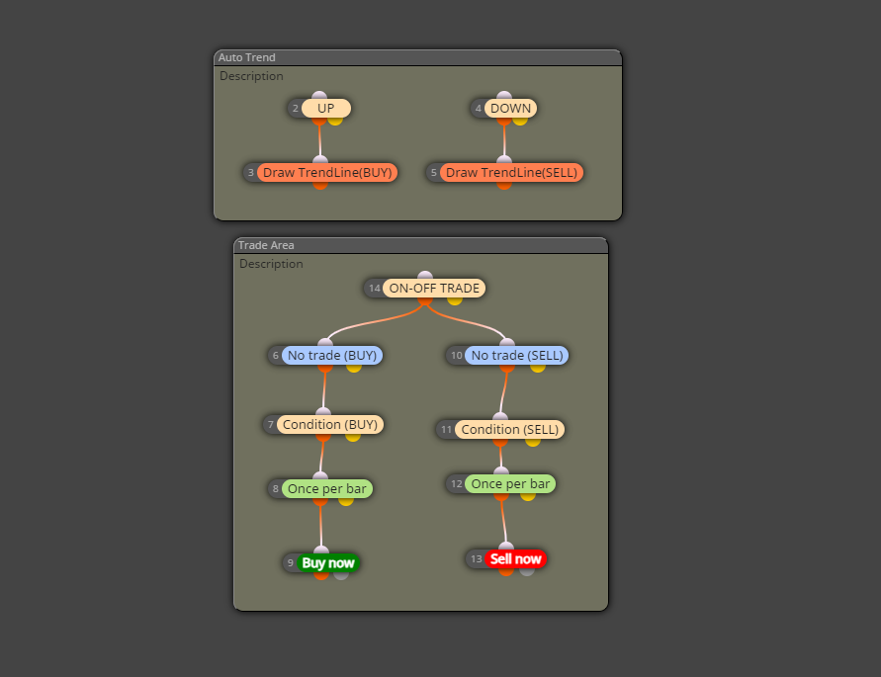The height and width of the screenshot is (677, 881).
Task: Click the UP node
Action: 326,109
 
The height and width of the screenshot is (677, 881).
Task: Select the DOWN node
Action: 510,109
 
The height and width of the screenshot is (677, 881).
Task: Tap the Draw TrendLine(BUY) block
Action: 327,173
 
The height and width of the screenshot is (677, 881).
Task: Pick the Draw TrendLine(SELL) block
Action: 511,173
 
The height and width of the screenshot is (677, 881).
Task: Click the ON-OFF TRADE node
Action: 434,289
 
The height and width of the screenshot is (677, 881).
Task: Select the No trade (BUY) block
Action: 332,355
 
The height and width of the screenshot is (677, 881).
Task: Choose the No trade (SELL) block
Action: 516,355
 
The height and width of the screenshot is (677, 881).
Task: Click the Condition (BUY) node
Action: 330,424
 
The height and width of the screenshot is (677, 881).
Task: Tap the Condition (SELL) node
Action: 509,429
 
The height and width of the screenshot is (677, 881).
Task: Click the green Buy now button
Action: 328,563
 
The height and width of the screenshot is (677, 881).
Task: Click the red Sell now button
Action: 515,559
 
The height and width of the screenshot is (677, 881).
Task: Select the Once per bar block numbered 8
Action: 326,489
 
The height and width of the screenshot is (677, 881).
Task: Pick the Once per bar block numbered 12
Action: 510,483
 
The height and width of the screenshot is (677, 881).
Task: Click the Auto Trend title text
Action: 246,57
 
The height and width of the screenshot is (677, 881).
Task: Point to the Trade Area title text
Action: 266,245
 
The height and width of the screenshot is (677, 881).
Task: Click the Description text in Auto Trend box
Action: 251,76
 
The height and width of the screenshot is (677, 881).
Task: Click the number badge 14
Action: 374,289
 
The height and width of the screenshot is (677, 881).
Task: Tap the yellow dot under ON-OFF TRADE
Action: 455,300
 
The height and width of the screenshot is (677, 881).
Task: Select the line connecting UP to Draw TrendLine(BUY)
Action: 319,140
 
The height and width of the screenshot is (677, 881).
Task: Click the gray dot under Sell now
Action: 526,571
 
